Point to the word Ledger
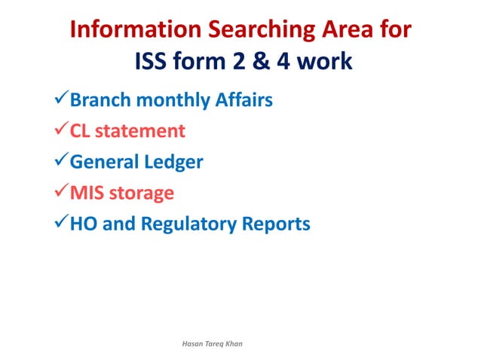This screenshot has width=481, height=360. [x=177, y=162]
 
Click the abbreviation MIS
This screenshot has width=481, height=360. [x=87, y=193]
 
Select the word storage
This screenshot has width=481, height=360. [x=141, y=193]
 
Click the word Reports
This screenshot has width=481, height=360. [x=278, y=224]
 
